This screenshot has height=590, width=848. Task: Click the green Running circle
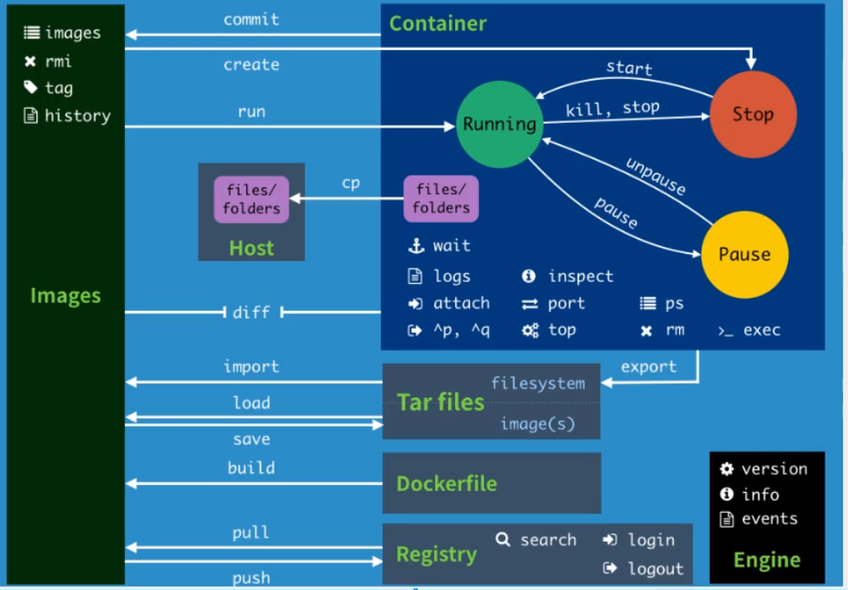tap(499, 124)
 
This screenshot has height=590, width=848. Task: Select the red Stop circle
tap(753, 115)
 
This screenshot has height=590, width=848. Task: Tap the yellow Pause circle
tap(744, 255)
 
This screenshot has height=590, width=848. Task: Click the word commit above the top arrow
tap(251, 19)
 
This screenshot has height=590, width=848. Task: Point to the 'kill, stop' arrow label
tap(613, 108)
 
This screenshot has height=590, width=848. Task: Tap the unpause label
tap(656, 177)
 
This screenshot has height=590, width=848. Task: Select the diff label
tap(251, 312)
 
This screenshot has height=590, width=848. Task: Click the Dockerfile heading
tap(446, 483)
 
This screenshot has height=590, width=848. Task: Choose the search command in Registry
tap(548, 539)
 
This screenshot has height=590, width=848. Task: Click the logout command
tap(655, 568)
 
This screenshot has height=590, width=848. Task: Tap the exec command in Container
tap(761, 330)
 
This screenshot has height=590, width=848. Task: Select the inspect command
tap(580, 276)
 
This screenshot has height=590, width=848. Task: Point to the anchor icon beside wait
tap(415, 246)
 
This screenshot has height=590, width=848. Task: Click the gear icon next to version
tap(727, 469)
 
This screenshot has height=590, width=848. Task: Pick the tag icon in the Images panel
tap(31, 87)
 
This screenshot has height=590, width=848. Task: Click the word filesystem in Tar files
tap(537, 383)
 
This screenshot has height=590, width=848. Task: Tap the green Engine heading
tap(767, 560)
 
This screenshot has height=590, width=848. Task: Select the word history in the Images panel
tap(77, 116)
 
